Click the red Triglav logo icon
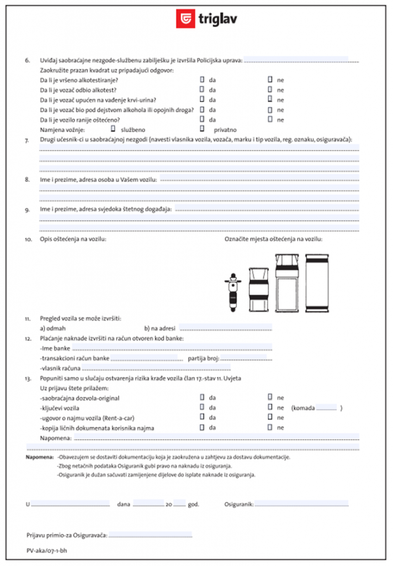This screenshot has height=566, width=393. [185, 19]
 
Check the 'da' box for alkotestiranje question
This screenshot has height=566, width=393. [202, 80]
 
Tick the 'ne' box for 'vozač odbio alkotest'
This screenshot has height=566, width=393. [270, 90]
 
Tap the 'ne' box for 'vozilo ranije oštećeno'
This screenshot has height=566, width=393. [270, 119]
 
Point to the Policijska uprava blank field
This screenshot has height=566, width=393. [301, 60]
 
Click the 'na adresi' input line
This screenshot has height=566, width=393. [226, 327]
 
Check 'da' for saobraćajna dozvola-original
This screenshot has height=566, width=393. [202, 397]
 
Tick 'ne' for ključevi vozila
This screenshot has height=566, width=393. [270, 407]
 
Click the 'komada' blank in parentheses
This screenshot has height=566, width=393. [326, 408]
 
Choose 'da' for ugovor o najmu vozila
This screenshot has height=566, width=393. [202, 417]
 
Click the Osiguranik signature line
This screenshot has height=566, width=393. [301, 504]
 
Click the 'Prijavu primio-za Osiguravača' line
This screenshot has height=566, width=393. [150, 535]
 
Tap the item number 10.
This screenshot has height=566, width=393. [29, 239]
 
